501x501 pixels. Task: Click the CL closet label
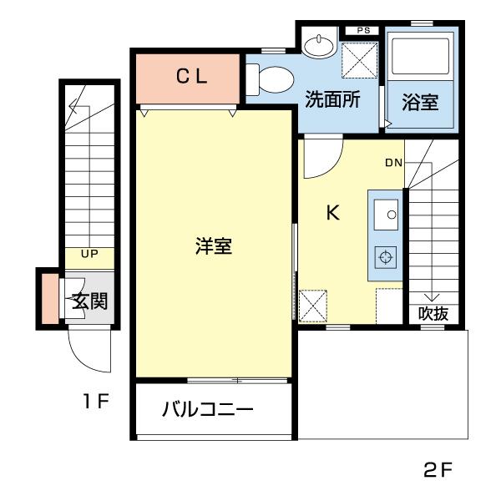(190, 77)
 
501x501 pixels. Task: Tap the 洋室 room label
(213, 247)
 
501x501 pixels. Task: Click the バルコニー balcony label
(207, 410)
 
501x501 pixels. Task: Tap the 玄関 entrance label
(89, 301)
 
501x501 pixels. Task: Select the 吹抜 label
(433, 314)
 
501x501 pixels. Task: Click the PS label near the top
(362, 31)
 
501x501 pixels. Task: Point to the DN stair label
(394, 163)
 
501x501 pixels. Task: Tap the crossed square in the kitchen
(314, 306)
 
